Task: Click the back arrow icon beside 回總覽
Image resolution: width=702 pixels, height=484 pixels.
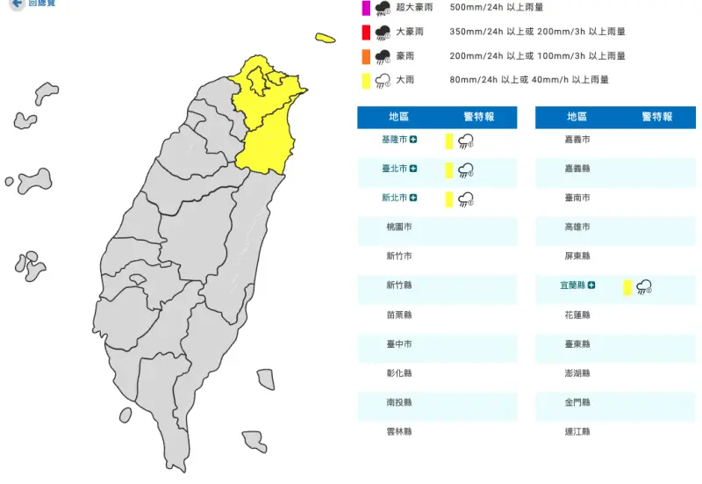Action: tap(15, 4)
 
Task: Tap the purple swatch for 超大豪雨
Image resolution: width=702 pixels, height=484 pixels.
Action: tap(365, 8)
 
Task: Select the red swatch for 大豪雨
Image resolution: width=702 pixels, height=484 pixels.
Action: tap(365, 33)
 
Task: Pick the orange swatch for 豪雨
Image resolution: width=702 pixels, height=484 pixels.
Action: tap(365, 56)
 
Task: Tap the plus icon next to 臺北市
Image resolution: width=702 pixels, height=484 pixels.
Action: tap(413, 169)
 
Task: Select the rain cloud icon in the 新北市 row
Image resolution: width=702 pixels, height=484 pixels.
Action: tap(466, 199)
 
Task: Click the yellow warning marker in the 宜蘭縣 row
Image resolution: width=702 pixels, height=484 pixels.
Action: tap(627, 286)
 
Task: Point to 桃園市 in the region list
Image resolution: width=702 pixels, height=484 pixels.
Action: tap(398, 227)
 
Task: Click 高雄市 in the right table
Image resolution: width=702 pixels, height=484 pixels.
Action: tap(577, 227)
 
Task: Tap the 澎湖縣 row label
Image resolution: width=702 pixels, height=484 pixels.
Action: tap(577, 373)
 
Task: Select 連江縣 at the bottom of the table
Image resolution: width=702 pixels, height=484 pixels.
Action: tap(577, 431)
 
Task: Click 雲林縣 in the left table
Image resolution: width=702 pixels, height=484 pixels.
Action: tap(398, 431)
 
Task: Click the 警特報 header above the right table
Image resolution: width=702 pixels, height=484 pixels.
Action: tap(656, 117)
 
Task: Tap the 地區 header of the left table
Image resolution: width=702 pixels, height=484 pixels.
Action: tap(398, 117)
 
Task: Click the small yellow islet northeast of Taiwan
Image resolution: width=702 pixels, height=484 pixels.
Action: tap(326, 38)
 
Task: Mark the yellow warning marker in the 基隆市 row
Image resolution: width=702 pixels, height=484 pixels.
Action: tap(448, 141)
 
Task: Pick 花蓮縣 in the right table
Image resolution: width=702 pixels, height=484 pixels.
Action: tap(577, 314)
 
